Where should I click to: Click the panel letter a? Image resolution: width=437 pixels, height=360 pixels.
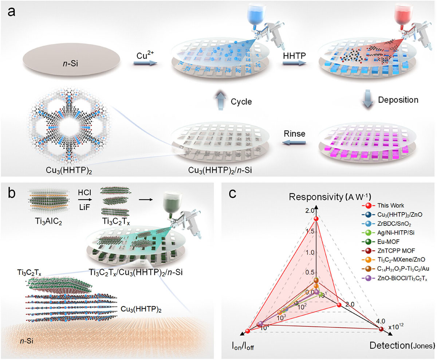pyautogui.click(x=11, y=12)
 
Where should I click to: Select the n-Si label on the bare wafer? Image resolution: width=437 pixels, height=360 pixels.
pyautogui.click(x=70, y=63)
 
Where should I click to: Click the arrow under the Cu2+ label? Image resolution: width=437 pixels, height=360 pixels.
pyautogui.click(x=145, y=63)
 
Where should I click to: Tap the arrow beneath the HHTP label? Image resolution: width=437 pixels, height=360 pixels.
pyautogui.click(x=294, y=63)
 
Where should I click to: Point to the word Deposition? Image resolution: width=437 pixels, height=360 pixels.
pyautogui.click(x=398, y=100)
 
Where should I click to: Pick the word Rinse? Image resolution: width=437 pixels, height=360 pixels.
pyautogui.click(x=295, y=134)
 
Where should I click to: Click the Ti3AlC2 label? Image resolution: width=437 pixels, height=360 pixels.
pyautogui.click(x=49, y=222)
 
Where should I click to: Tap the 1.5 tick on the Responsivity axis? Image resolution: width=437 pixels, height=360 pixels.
pyautogui.click(x=310, y=231)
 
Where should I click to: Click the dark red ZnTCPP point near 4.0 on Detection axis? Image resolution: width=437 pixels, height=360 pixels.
pyautogui.click(x=381, y=329)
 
